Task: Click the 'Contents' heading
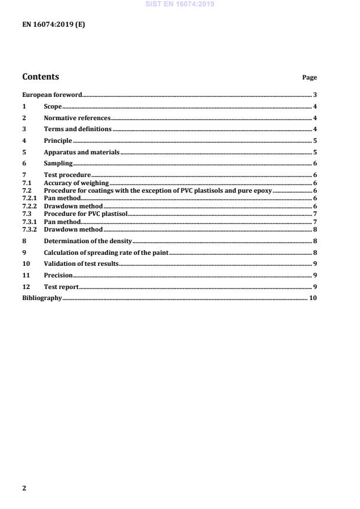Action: [x=40, y=77]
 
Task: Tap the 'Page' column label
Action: [x=309, y=77]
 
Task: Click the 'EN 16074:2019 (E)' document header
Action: [x=53, y=24]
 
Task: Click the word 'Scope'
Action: [x=53, y=106]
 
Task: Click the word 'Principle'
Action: [x=58, y=140]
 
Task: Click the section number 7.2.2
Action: [x=30, y=206]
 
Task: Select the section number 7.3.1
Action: [x=30, y=221]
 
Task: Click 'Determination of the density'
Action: [x=88, y=240]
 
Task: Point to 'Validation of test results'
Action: [x=81, y=263]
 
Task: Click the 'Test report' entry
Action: [x=61, y=287]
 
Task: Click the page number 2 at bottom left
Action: [x=24, y=488]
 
